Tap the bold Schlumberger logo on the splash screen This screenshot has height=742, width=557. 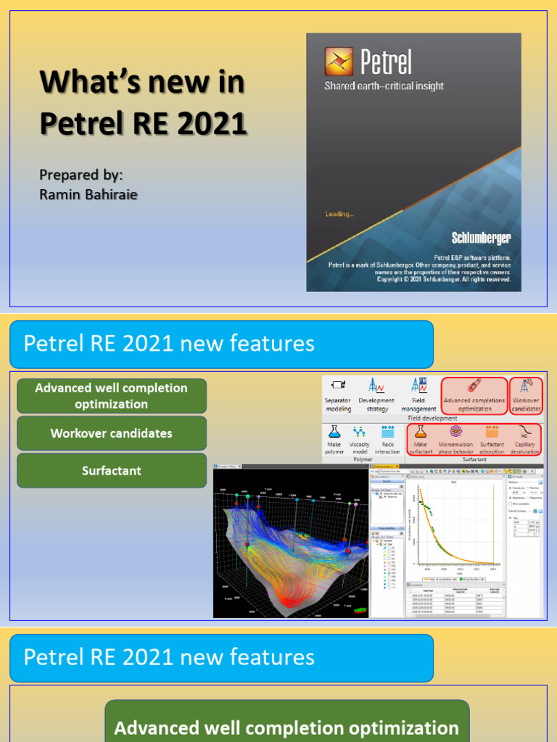tap(481, 238)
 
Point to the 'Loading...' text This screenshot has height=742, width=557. tap(339, 214)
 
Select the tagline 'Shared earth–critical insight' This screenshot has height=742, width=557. tap(384, 86)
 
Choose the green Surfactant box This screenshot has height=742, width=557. tap(112, 471)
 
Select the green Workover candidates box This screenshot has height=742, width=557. tap(112, 433)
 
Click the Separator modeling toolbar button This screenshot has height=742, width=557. tap(338, 395)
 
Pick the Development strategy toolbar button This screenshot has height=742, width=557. tap(377, 395)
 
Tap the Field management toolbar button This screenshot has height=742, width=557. tap(418, 395)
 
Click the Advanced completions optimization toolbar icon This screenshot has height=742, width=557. tap(474, 395)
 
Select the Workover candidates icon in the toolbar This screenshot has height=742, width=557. tap(527, 395)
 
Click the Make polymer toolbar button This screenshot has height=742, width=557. tap(334, 439)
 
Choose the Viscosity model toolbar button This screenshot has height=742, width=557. tap(360, 439)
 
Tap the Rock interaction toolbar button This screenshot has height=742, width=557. tap(387, 439)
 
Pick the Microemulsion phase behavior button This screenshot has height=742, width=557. tap(456, 439)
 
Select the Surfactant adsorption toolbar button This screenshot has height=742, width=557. tap(492, 439)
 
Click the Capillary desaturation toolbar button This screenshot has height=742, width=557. tap(525, 439)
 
